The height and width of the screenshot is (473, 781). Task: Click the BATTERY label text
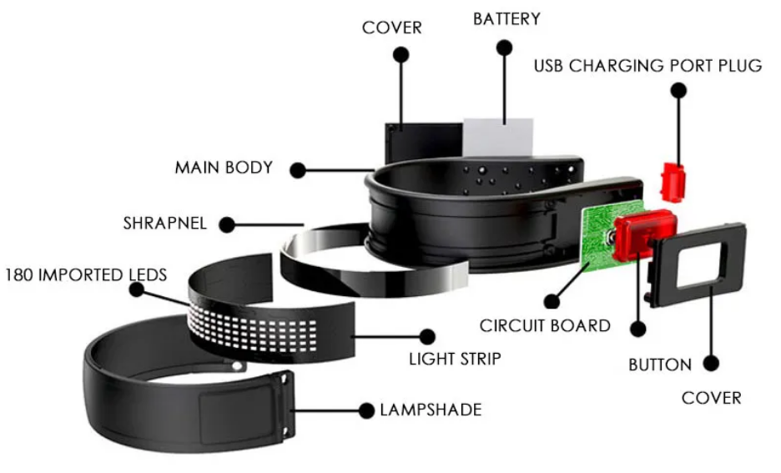pyautogui.click(x=506, y=18)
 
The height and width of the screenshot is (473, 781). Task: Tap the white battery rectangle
pyautogui.click(x=499, y=136)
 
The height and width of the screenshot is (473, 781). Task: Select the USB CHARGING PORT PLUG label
pyautogui.click(x=647, y=65)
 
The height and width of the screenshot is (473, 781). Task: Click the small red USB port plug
pyautogui.click(x=673, y=181)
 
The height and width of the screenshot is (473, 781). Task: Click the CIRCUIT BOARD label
pyautogui.click(x=545, y=325)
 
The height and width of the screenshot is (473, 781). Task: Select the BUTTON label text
pyautogui.click(x=659, y=365)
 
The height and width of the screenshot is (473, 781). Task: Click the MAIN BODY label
pyautogui.click(x=224, y=168)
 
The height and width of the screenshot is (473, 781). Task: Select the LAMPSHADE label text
pyautogui.click(x=430, y=410)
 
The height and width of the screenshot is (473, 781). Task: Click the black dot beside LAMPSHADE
pyautogui.click(x=365, y=410)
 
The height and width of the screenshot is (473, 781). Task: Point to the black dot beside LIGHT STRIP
pyautogui.click(x=427, y=337)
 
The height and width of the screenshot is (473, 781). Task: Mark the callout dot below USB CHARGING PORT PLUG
pyautogui.click(x=678, y=89)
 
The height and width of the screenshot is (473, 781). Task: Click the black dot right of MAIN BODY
pyautogui.click(x=297, y=170)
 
